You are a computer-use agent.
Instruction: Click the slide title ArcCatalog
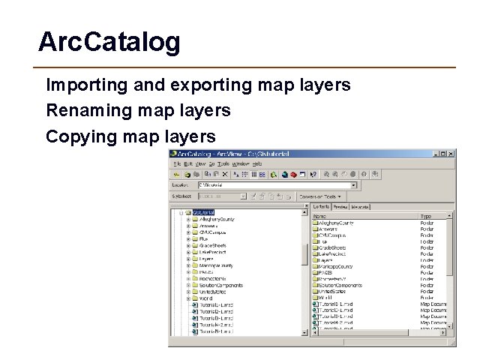tap(109, 42)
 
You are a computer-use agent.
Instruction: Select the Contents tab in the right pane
tap(321, 206)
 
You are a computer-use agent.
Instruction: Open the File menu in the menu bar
tap(177, 163)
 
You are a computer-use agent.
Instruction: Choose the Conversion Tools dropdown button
tap(319, 196)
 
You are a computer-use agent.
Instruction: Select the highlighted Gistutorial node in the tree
tap(203, 212)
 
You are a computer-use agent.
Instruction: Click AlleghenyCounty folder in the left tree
tap(218, 219)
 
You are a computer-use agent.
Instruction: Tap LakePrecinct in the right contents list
tap(333, 254)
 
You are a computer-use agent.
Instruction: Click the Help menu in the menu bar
tap(257, 163)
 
